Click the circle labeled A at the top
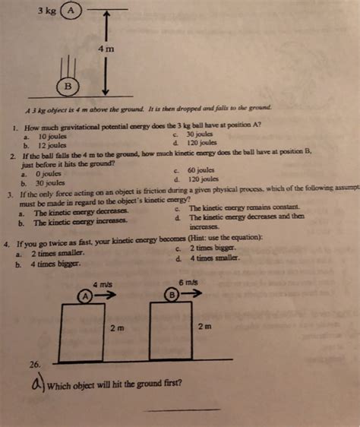[x=71, y=11]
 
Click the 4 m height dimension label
[x=106, y=49]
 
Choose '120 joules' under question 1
[x=202, y=142]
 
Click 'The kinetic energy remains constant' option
[x=242, y=208]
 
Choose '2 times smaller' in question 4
[x=58, y=255]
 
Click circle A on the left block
[x=86, y=295]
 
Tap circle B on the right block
[x=174, y=294]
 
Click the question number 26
[x=33, y=365]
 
